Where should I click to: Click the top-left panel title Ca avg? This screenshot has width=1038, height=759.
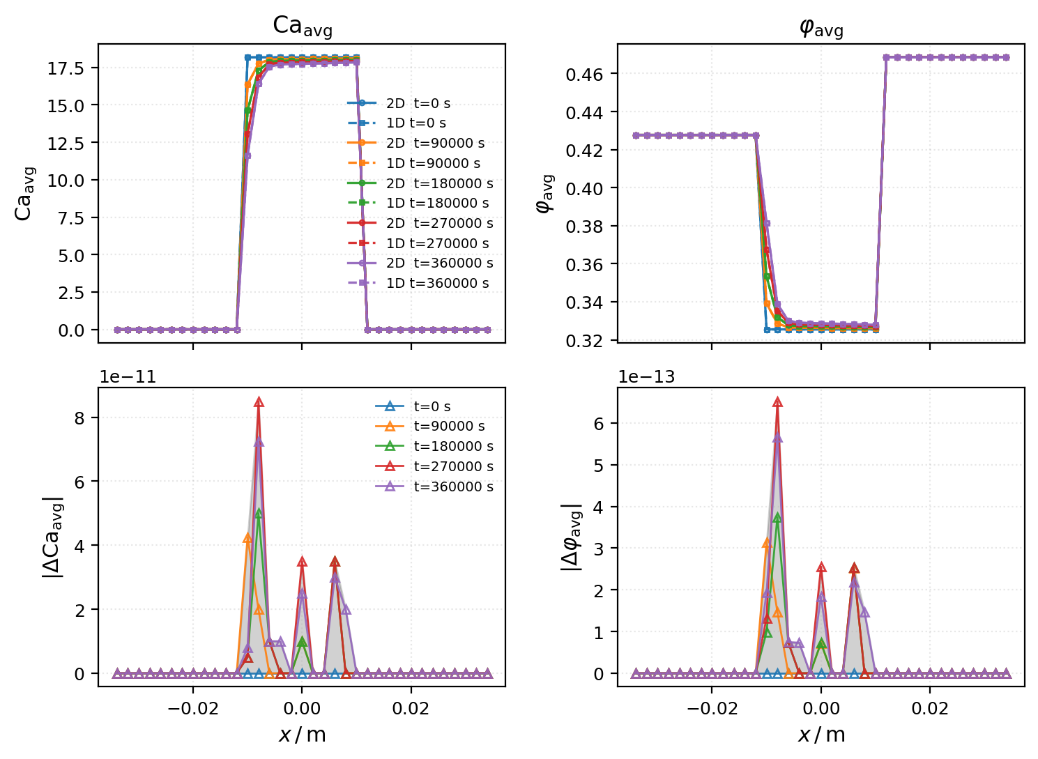click(x=302, y=26)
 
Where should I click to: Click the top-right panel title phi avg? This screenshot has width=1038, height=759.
click(x=821, y=28)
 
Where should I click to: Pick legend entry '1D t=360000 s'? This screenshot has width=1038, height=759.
click(x=437, y=283)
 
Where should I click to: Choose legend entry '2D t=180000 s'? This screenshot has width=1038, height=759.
click(x=439, y=183)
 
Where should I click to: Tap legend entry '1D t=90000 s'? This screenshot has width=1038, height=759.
click(x=433, y=163)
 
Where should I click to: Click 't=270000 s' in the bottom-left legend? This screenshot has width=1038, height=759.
click(x=453, y=466)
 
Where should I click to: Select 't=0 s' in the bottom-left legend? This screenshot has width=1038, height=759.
click(x=432, y=406)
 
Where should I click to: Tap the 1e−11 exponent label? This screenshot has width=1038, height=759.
click(x=128, y=377)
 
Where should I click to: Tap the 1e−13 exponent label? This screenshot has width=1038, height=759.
click(x=646, y=377)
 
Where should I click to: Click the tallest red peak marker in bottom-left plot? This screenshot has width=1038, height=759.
click(x=259, y=402)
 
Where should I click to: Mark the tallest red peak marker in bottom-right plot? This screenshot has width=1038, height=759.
click(x=777, y=402)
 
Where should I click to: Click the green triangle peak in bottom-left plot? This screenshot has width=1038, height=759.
click(x=259, y=513)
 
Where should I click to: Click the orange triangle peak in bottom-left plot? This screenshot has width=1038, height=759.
click(x=247, y=538)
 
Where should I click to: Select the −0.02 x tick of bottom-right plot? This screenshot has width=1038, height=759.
click(x=712, y=709)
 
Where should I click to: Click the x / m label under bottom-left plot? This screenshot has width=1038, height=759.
click(x=302, y=735)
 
